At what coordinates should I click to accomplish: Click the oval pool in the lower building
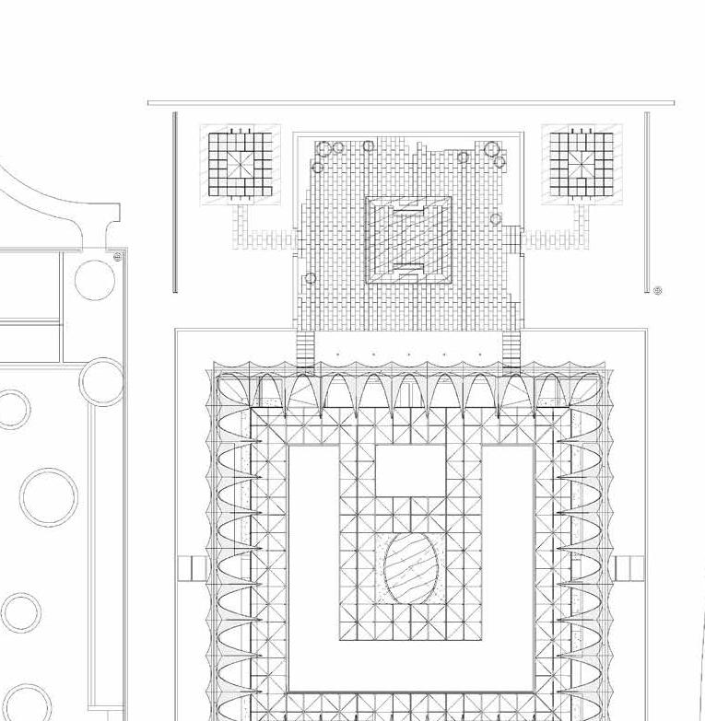tap(410, 569)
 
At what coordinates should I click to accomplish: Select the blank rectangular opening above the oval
tap(410, 470)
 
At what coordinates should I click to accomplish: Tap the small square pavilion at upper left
tap(240, 163)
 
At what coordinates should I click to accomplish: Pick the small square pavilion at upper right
tap(582, 163)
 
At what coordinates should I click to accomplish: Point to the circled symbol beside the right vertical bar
tap(658, 291)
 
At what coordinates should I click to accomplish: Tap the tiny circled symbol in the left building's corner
tap(117, 258)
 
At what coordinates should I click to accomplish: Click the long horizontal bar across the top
tap(411, 103)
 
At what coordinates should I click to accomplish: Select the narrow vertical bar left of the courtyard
tap(175, 203)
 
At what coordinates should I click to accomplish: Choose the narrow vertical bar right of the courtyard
tap(647, 203)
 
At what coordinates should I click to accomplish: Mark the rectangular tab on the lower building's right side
tap(629, 568)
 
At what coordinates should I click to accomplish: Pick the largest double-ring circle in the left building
tap(49, 497)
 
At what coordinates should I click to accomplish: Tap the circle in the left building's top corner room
tap(95, 280)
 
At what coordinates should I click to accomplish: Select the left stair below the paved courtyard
tap(305, 350)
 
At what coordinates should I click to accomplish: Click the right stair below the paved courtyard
tap(512, 350)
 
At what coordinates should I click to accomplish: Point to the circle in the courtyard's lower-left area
tap(311, 278)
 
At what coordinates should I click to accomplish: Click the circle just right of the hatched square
tap(496, 219)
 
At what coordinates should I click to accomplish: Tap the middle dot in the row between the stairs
tap(409, 355)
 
